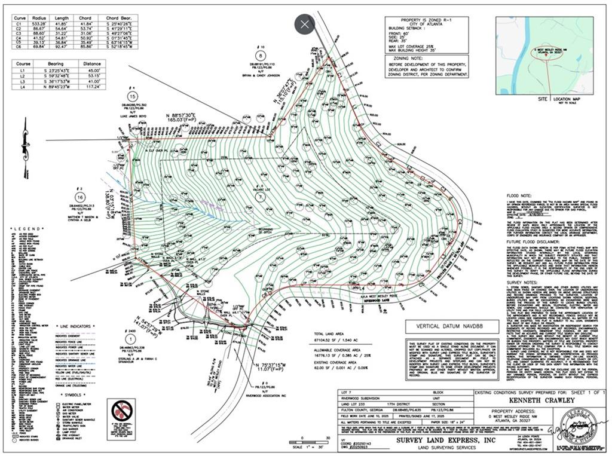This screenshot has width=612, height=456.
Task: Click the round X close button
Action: (305, 25)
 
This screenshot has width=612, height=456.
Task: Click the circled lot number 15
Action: (133, 96)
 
